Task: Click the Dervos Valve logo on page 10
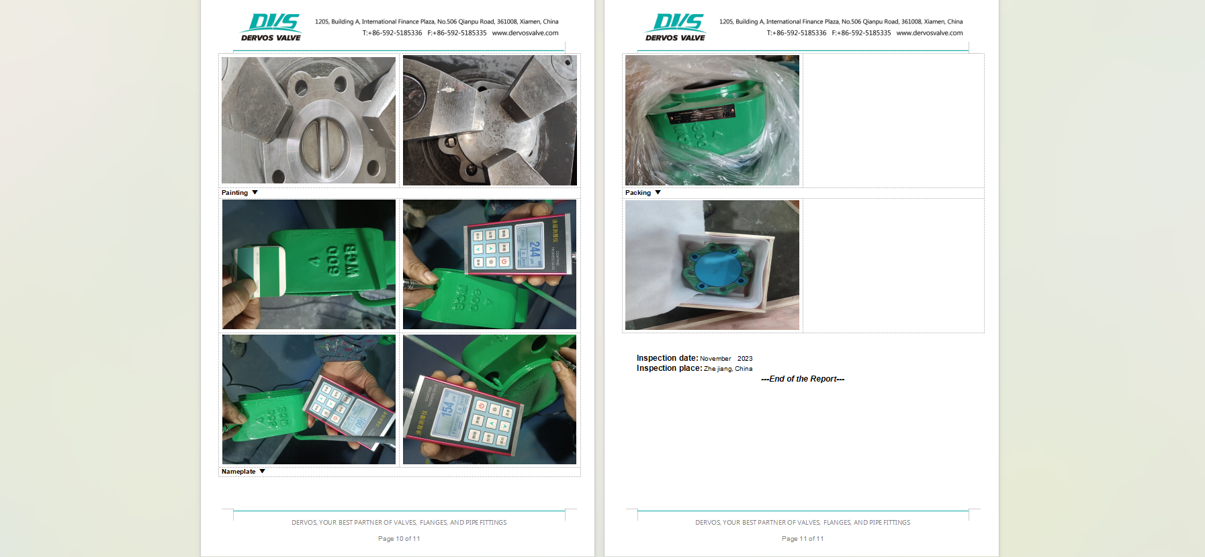coord(271,28)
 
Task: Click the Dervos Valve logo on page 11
coord(676,28)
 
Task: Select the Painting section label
coord(234,193)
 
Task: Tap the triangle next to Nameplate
coord(262,471)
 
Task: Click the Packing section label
coord(638,193)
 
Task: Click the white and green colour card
coord(261,270)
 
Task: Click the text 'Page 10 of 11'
coord(399,539)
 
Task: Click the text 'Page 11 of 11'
coord(803,539)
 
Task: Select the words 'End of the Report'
coord(803,379)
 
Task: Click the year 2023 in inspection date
coord(745,359)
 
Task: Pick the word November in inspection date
coord(715,359)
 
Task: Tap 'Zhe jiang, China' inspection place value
coord(728,369)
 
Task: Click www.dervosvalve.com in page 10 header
coord(525,33)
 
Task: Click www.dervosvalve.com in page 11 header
coord(930,33)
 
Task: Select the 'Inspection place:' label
coord(669,368)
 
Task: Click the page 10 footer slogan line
coord(399,523)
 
